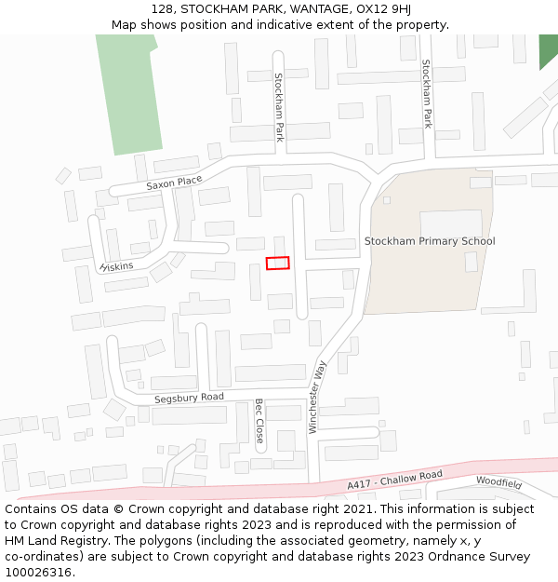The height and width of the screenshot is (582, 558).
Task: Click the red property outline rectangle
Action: pos(278,264)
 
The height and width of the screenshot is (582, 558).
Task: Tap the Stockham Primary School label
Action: pos(430,241)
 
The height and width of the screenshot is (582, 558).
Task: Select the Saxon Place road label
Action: pos(174,183)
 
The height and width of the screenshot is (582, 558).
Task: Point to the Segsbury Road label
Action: pos(189,398)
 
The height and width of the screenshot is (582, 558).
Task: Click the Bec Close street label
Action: pos(259,420)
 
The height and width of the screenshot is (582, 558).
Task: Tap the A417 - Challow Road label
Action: pos(394,480)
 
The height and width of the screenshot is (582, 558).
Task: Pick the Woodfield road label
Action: pos(499,482)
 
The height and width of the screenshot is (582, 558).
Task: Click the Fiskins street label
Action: pos(117,266)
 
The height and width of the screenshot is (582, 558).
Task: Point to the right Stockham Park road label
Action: pos(427,93)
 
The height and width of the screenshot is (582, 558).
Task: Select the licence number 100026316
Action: pos(40,572)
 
